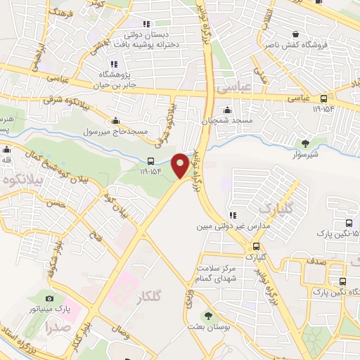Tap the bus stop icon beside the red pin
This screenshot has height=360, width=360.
point(153,160)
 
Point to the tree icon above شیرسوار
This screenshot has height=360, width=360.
point(304,143)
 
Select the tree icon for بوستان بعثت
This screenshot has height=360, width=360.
point(207,316)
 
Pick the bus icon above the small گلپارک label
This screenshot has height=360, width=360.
point(255,247)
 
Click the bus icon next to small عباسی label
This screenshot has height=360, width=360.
point(323,99)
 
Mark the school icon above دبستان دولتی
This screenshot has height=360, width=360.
point(146,24)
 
